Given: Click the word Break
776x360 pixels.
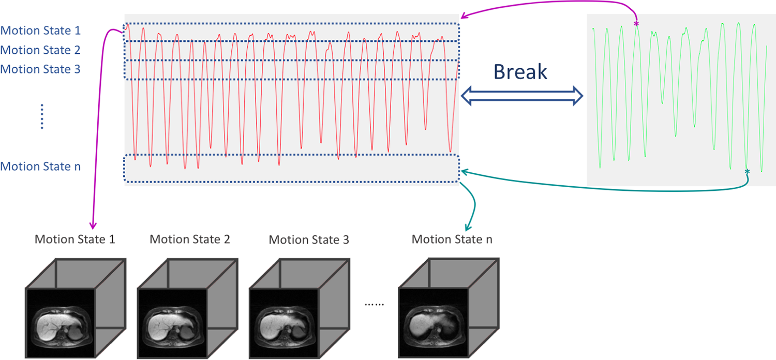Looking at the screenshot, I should [x=520, y=71].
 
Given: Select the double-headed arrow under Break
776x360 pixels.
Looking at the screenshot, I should [x=522, y=96].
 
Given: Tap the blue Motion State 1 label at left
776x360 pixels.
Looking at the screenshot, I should [x=40, y=31].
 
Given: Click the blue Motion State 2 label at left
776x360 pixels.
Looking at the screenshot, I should [x=40, y=50].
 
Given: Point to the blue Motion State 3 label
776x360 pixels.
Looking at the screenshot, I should [x=40, y=69].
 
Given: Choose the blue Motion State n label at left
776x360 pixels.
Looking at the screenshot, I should [x=40, y=167].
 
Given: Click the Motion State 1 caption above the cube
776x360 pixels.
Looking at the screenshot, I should [x=74, y=239].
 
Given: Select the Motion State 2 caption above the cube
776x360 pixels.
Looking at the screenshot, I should [x=190, y=239].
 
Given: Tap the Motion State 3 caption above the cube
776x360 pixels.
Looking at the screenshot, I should [x=309, y=240].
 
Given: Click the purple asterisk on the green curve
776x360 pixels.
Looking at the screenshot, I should [x=636, y=24].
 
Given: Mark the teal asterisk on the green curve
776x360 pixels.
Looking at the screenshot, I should [x=747, y=171].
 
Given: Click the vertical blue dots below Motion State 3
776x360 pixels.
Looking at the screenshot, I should [x=42, y=116].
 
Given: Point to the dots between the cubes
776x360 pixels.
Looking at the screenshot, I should [x=374, y=304].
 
